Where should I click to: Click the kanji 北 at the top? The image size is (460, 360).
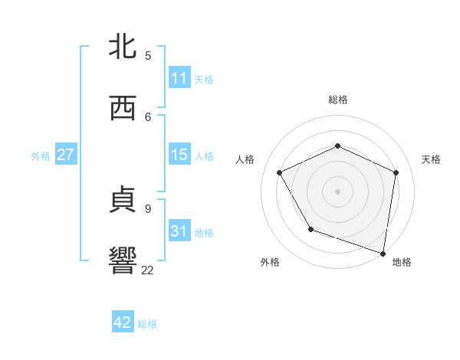123,46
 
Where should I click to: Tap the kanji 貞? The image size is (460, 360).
123,201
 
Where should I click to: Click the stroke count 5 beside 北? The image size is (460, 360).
148,55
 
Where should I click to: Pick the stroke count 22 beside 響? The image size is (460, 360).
148,270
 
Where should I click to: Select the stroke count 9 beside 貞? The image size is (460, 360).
148,208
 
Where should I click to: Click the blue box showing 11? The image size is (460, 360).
179,78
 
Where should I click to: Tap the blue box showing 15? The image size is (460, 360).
179,155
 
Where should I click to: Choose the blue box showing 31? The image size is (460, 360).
179,231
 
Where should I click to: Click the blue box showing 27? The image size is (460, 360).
65,155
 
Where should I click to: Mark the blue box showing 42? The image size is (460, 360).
123,322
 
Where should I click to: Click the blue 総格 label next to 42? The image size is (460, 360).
147,324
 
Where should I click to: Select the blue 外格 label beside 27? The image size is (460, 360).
41,156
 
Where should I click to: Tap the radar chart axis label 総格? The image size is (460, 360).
338,100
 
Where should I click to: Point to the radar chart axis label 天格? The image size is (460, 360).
431,159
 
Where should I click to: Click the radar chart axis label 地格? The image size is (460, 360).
402,262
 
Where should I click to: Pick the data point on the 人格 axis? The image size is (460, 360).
280,172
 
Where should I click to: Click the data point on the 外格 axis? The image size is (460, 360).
310,229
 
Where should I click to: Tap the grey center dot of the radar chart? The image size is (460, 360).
337,191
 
